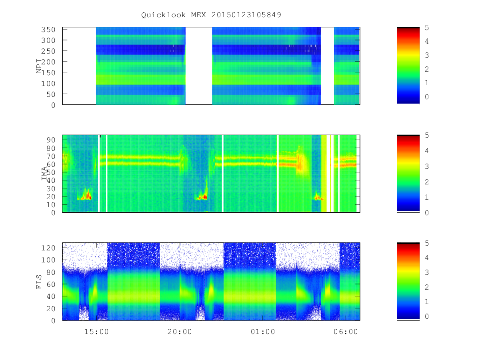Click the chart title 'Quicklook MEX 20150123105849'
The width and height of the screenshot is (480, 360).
point(211,15)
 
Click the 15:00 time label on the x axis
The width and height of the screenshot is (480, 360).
point(96,332)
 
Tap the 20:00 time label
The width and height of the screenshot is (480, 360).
point(180,332)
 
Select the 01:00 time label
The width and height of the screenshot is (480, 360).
point(263,332)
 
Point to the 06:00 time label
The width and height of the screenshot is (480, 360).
point(346,332)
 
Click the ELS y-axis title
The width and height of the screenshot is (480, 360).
point(39,282)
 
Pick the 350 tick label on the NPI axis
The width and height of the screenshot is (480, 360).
point(48,30)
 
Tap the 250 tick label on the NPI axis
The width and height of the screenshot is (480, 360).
point(48,51)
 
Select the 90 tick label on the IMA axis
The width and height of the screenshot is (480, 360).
point(51,140)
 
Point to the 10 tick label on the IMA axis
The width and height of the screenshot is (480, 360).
point(51,205)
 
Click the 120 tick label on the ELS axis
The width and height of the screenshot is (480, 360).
point(48,248)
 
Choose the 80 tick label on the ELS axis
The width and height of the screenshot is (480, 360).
point(51,272)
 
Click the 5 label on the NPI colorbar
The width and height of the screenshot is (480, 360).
point(427,28)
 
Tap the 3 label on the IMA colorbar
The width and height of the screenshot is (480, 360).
point(427,166)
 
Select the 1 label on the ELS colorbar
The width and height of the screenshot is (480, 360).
point(427,302)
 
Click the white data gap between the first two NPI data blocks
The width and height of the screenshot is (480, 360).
point(198,66)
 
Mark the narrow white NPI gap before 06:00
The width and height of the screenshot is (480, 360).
point(327,66)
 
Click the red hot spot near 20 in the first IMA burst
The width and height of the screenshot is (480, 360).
point(88,196)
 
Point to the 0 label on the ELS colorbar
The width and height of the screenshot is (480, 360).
point(427,316)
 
